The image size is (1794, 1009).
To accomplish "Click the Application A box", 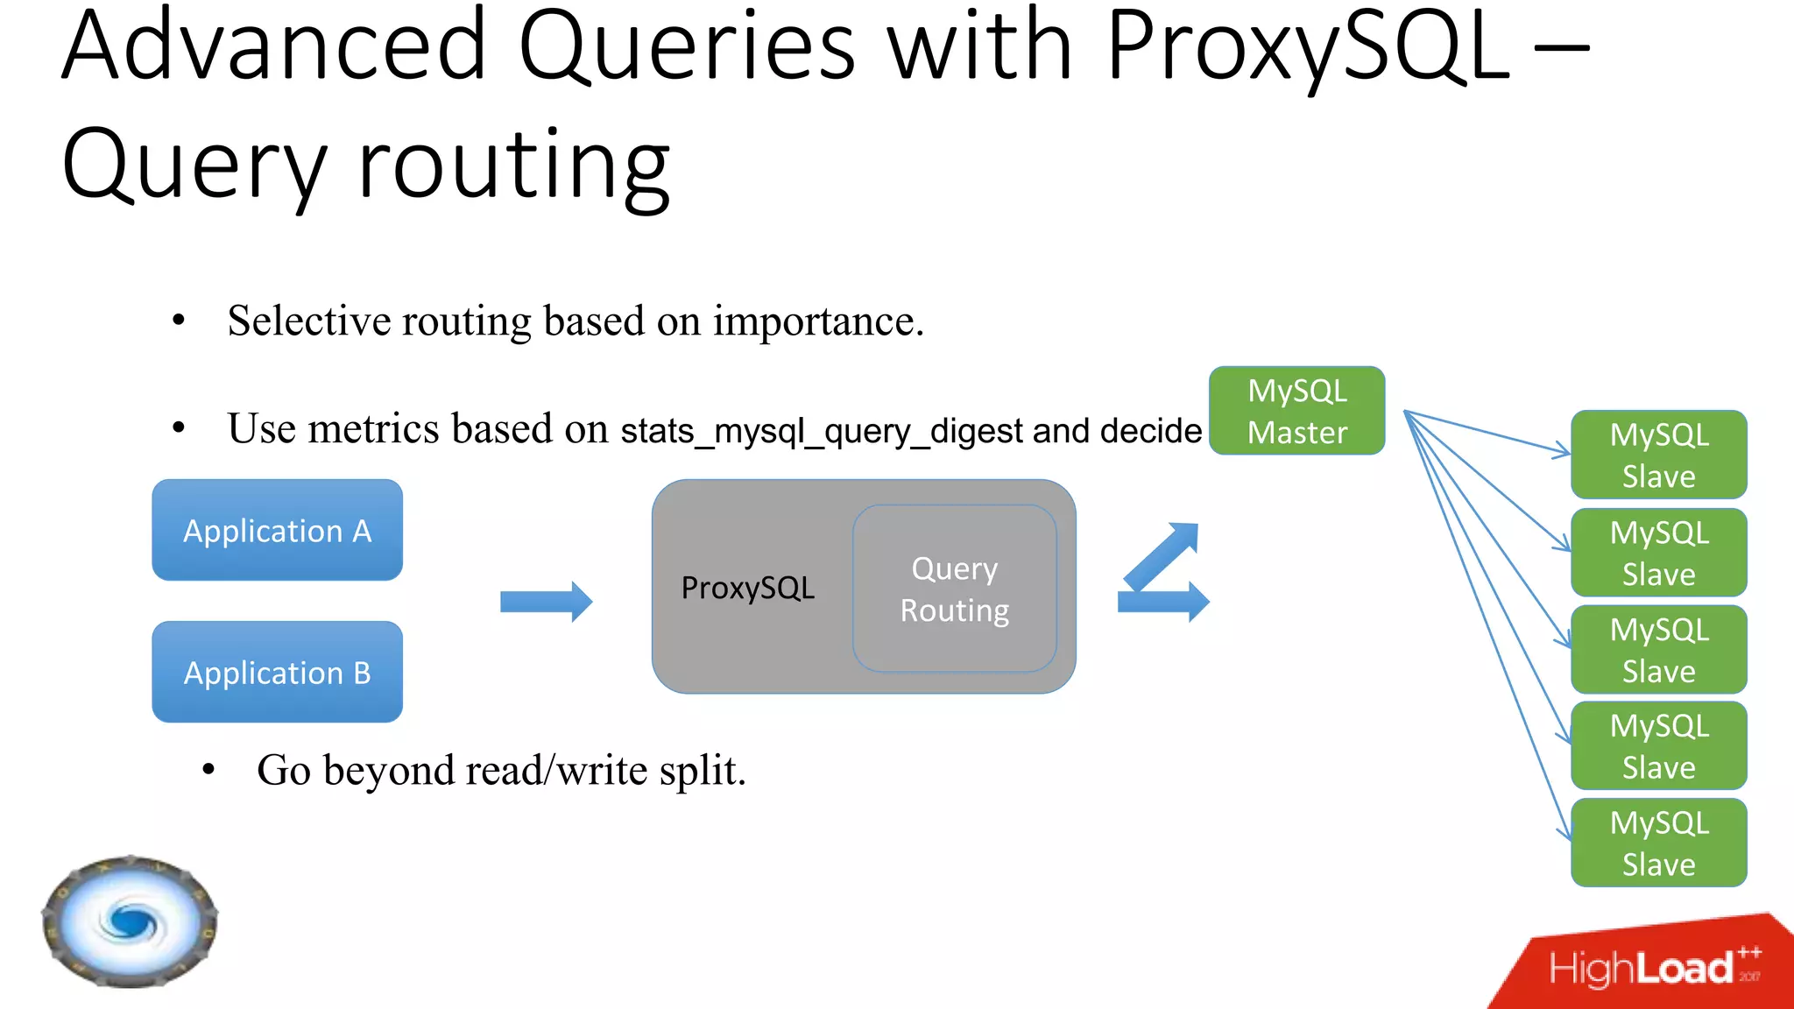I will [x=277, y=530].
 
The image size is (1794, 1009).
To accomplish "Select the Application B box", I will [x=277, y=672].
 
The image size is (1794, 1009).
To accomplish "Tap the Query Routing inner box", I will [x=954, y=589].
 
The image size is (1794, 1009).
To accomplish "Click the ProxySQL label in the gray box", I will [x=747, y=588].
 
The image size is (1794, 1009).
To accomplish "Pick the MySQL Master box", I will [x=1296, y=411].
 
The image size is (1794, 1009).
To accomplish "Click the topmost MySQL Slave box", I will [x=1658, y=455].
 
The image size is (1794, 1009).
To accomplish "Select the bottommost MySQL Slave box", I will [x=1658, y=843].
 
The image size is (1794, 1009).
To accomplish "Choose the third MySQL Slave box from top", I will [x=1658, y=650].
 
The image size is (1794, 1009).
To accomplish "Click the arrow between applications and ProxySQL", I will [x=546, y=602].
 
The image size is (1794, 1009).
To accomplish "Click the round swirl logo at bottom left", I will [x=130, y=921].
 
